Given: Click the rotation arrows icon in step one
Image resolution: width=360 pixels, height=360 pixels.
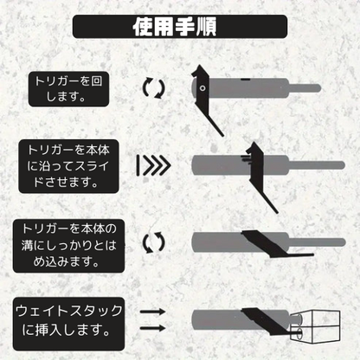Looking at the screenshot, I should point(154,87).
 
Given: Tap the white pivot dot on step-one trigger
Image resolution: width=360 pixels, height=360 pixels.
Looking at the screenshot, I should point(203,88).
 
